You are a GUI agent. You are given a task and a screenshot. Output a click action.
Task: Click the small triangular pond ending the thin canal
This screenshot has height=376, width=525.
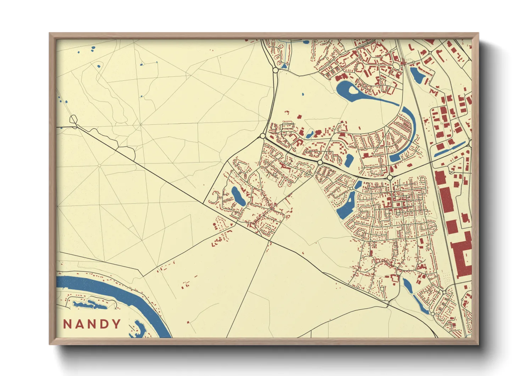pos(284,66)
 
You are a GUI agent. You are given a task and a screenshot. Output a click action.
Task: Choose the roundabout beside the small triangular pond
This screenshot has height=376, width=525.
pos(275,70)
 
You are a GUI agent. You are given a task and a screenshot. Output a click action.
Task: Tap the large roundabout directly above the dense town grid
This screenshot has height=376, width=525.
pos(390,177)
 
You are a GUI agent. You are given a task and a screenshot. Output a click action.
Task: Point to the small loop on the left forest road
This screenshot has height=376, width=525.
pos(73,120)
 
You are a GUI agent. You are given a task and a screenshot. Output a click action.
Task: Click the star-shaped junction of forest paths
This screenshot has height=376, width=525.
pos(141,124)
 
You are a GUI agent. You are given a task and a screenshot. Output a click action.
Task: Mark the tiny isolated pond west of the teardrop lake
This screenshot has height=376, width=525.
pos(303,95)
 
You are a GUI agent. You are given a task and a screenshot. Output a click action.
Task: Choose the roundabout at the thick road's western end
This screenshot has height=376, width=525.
pos(262,136)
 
